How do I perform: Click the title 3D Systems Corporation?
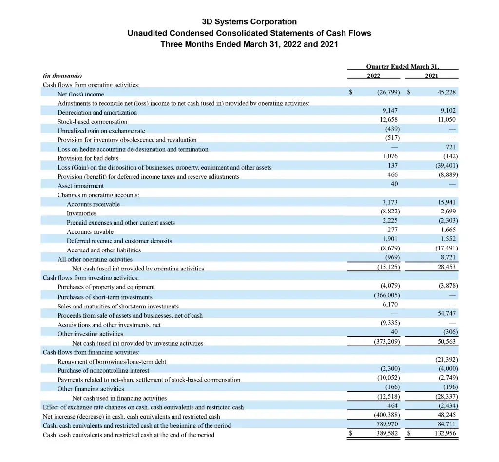tap(249, 22)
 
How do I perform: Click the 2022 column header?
tap(373, 76)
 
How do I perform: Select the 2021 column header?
tap(431, 76)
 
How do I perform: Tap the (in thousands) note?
tap(62, 76)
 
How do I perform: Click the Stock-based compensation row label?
tap(92, 121)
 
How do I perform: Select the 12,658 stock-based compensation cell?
tap(389, 119)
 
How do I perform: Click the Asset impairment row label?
tap(80, 186)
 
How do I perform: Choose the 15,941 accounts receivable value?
tap(447, 202)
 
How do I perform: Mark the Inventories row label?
tap(81, 213)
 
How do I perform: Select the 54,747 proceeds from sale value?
tap(446, 313)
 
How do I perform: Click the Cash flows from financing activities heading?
tap(91, 352)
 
